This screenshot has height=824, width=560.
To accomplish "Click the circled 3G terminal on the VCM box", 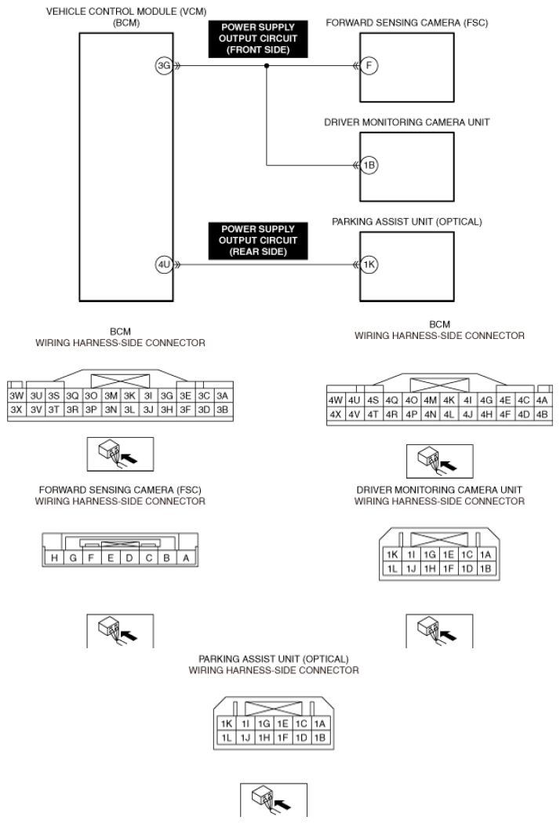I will tap(163, 66).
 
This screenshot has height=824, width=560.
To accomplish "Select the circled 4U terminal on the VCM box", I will tap(163, 264).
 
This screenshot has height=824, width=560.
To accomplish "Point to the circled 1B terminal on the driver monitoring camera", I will tap(369, 166).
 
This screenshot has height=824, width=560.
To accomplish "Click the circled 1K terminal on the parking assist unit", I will tap(369, 264).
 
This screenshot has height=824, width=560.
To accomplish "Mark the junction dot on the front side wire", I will tap(267, 67).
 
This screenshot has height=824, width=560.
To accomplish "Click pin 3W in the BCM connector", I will tap(16, 396).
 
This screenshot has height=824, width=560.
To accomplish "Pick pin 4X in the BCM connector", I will tap(336, 414).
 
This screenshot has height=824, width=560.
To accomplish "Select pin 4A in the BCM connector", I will tap(542, 399).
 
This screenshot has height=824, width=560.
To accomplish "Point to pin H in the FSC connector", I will tap(54, 558).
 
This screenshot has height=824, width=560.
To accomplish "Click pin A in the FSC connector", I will tap(185, 558).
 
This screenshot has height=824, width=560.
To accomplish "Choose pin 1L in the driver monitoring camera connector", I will tap(393, 567).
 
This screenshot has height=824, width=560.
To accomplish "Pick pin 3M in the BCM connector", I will tap(111, 396).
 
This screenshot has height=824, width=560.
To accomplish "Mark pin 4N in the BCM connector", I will tap(431, 414).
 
